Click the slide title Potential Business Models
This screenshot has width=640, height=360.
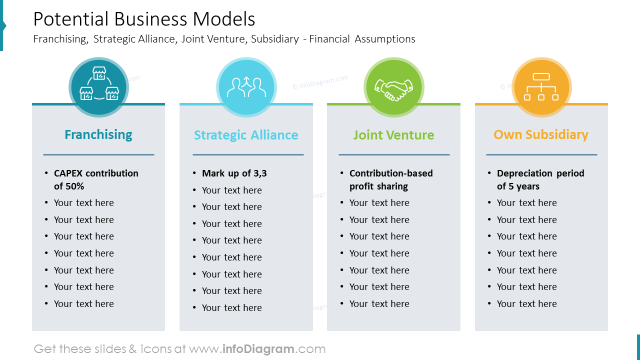pyautogui.click(x=144, y=19)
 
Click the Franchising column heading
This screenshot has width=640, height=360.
pyautogui.click(x=98, y=134)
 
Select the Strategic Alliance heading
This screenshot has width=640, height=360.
pyautogui.click(x=246, y=135)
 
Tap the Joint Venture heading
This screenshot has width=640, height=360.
pyautogui.click(x=393, y=135)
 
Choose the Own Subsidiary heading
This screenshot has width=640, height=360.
pyautogui.click(x=541, y=134)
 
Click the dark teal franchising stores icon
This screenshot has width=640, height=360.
pyautogui.click(x=99, y=87)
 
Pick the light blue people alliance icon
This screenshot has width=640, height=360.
pyautogui.click(x=246, y=87)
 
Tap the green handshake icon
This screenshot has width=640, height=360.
pyautogui.click(x=394, y=87)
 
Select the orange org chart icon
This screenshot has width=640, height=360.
pyautogui.click(x=541, y=87)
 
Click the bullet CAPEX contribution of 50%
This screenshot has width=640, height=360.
pyautogui.click(x=96, y=179)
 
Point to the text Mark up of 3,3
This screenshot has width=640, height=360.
pyautogui.click(x=234, y=173)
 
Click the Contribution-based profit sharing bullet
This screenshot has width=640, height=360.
pyautogui.click(x=391, y=179)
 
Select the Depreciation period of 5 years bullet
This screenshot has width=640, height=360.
pyautogui.click(x=540, y=179)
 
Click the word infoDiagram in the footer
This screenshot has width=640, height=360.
pyautogui.click(x=257, y=349)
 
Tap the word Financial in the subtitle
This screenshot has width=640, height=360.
pyautogui.click(x=329, y=39)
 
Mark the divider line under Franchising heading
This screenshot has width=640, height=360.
pyautogui.click(x=98, y=155)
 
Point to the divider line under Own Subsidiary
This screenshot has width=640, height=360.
pyautogui.click(x=541, y=155)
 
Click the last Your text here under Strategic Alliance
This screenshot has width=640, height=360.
pyautogui.click(x=231, y=308)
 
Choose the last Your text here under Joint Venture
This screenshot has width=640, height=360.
pyautogui.click(x=379, y=304)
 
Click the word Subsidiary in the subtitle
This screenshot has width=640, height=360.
pyautogui.click(x=275, y=39)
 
